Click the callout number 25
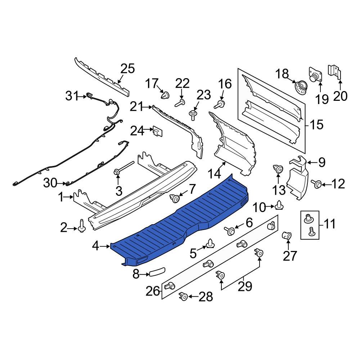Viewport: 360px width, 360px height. pos(127,68)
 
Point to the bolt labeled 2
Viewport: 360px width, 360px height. pos(82,227)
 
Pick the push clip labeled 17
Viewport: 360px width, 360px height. pos(165,95)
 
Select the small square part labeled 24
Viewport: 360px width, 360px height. pos(157,131)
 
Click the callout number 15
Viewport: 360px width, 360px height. pos(316,125)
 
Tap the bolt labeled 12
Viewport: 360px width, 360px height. pos(317,184)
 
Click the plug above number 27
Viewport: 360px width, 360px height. pos(287,236)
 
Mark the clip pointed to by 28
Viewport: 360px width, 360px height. pos(183,297)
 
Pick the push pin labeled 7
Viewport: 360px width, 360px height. pos(175,198)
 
